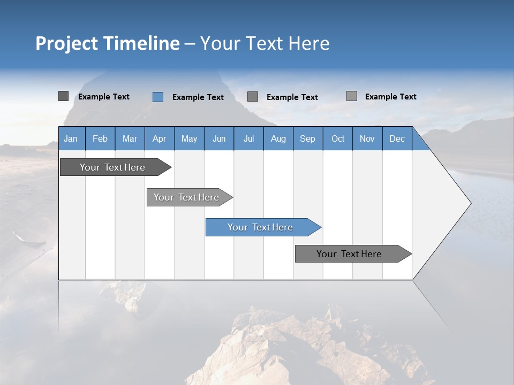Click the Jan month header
(x=71, y=138)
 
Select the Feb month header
(x=100, y=138)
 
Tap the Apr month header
(x=159, y=138)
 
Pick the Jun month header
(x=219, y=138)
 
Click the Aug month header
(x=278, y=138)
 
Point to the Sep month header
(x=307, y=138)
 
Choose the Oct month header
(x=338, y=138)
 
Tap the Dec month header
(x=397, y=138)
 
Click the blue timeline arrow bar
(x=261, y=227)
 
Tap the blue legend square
(x=157, y=97)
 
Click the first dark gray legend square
(x=63, y=96)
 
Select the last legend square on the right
(x=351, y=96)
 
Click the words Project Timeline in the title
(x=107, y=43)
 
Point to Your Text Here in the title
(x=264, y=43)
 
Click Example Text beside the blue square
(x=198, y=97)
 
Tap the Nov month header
(x=367, y=138)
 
